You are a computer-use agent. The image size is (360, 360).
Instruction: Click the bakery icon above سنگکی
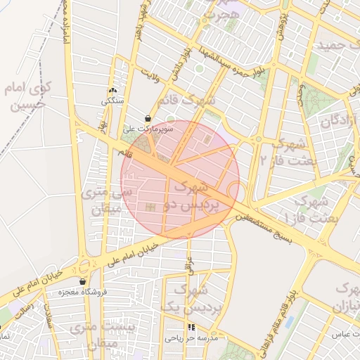pos(112,91)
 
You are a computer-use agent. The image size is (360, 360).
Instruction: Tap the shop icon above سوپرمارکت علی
pos(148,119)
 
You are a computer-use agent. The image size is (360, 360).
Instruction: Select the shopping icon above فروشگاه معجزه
pos(82,281)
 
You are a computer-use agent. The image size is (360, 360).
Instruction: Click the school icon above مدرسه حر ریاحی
pos(192,327)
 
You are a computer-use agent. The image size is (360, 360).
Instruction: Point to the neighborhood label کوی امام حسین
pos(25,96)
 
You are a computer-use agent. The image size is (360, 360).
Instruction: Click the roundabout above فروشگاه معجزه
pos(86,266)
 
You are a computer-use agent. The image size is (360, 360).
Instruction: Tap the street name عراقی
pos(188,266)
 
